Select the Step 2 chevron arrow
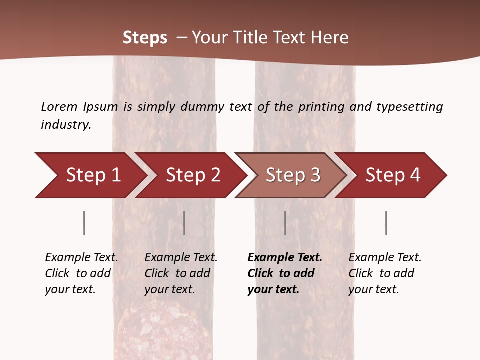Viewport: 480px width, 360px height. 192,175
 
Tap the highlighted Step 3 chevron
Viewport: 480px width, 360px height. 292,175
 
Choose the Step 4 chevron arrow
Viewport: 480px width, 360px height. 392,175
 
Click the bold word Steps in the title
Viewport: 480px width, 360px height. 145,38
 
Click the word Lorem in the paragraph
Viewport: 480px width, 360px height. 59,106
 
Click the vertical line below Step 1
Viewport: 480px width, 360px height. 84,223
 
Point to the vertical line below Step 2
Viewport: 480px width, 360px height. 184,223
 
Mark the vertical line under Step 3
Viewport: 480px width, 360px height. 285,223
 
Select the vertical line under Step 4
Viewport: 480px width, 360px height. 386,223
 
